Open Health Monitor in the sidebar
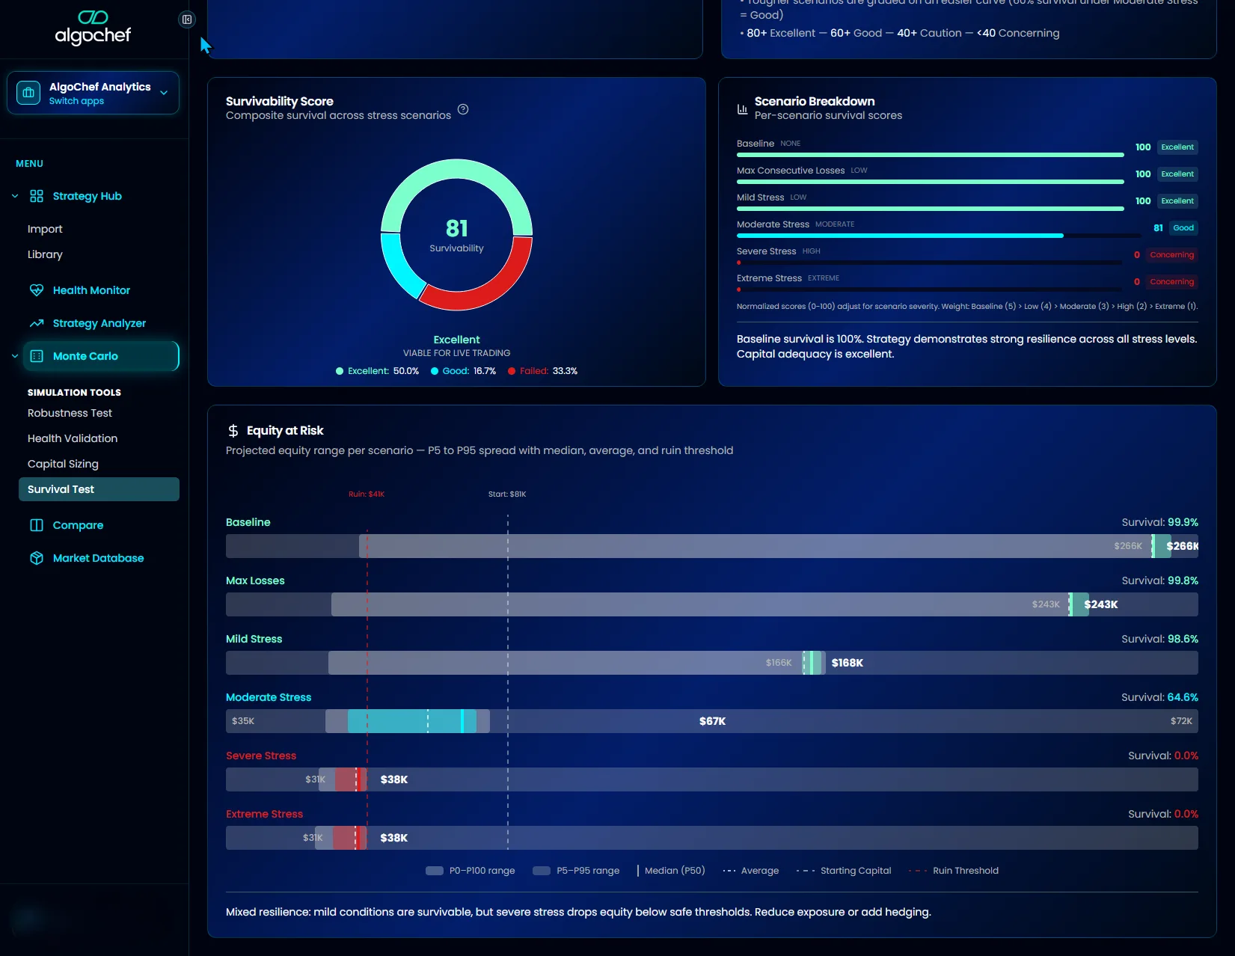(x=91, y=290)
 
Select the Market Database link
(x=98, y=558)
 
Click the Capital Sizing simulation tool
(x=63, y=464)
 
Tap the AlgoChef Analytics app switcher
(x=93, y=94)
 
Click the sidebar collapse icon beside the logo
(x=187, y=19)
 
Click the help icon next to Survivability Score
(x=463, y=109)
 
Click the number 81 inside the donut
(x=456, y=228)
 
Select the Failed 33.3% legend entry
(x=542, y=371)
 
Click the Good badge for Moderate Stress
(x=1183, y=228)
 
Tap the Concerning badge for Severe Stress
(x=1171, y=255)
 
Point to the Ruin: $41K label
(x=367, y=494)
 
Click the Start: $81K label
(x=507, y=494)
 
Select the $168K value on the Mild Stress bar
(x=847, y=663)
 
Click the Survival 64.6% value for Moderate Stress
(x=1182, y=697)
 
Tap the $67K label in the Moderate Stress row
(x=712, y=721)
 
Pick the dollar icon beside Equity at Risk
(x=233, y=431)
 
